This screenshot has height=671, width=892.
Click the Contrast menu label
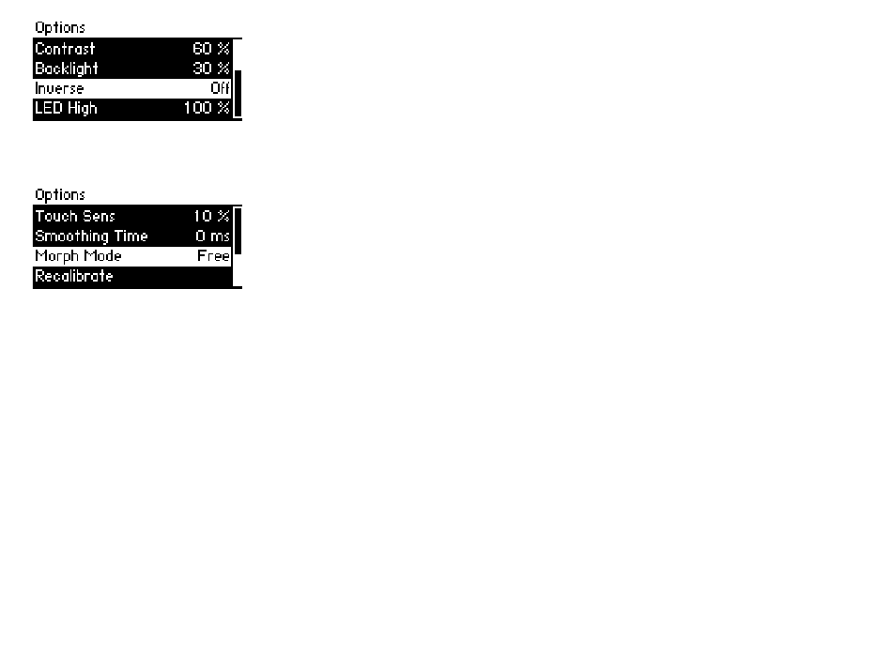coord(65,49)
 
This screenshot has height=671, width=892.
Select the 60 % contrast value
coord(211,49)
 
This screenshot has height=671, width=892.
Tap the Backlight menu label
coord(67,69)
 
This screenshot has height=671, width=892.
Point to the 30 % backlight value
coord(211,69)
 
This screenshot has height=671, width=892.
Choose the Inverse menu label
coord(59,89)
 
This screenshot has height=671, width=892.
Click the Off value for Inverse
coord(220,88)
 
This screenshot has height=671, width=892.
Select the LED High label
coord(66,108)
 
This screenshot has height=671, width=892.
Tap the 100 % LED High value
coord(207,108)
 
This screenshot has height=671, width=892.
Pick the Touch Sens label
coord(75,216)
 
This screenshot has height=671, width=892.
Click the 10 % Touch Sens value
coord(211,216)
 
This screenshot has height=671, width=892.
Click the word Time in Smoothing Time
coord(131,236)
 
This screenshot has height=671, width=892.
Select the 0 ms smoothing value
coord(213,236)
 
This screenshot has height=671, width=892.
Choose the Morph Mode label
coord(79,256)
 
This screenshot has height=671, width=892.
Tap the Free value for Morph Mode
coord(213,256)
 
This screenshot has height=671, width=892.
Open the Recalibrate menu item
coord(74,276)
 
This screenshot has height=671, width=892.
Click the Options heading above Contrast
coord(60,28)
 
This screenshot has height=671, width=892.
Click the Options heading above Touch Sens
coord(60,195)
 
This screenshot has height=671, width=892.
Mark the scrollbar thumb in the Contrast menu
coord(238,93)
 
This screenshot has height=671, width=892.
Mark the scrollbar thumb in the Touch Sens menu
coord(238,231)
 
